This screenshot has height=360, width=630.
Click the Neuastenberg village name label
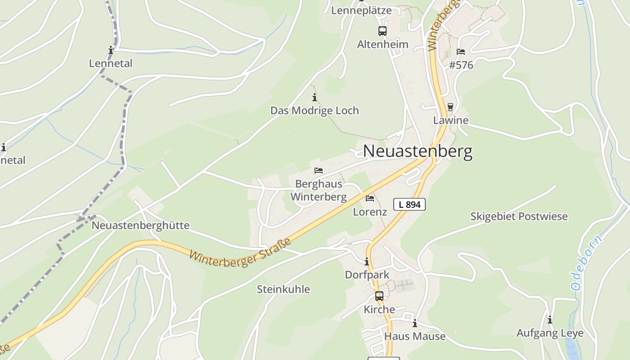[418, 151]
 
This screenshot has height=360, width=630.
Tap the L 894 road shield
[409, 204]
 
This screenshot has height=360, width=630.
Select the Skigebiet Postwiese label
[519, 216]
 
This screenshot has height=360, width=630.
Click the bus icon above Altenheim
[382, 31]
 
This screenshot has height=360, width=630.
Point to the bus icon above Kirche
[379, 296]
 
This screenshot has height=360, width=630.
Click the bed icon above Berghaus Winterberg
[319, 171]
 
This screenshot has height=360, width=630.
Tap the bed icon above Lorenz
[370, 198]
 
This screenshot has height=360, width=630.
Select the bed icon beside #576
[461, 52]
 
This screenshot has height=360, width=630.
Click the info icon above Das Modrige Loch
[315, 97]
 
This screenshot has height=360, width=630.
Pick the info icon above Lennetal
[111, 50]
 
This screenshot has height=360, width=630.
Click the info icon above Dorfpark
[367, 261]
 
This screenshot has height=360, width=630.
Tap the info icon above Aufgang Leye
[550, 320]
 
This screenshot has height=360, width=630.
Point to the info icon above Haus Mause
[415, 323]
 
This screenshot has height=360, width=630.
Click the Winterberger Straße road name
[240, 252]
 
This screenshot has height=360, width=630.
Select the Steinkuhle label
[283, 289]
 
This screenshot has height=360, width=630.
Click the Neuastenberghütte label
[140, 225]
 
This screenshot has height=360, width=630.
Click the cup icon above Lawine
[450, 107]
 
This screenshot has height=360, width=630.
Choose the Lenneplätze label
[361, 10]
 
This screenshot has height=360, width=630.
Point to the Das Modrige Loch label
[315, 111]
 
